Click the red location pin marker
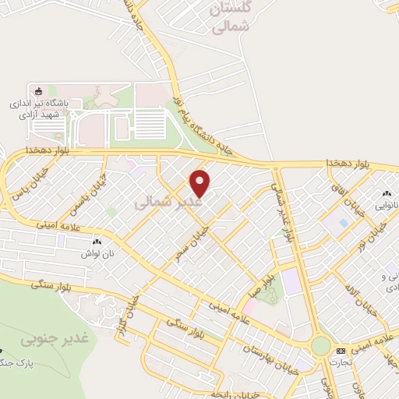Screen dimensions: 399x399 [x=201, y=182]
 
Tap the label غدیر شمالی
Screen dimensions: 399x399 [x=168, y=203]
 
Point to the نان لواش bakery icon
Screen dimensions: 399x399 [x=97, y=243]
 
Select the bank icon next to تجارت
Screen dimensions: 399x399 [x=341, y=351]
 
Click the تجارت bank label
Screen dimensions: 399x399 [x=340, y=362]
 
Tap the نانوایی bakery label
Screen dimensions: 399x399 [x=387, y=206]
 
